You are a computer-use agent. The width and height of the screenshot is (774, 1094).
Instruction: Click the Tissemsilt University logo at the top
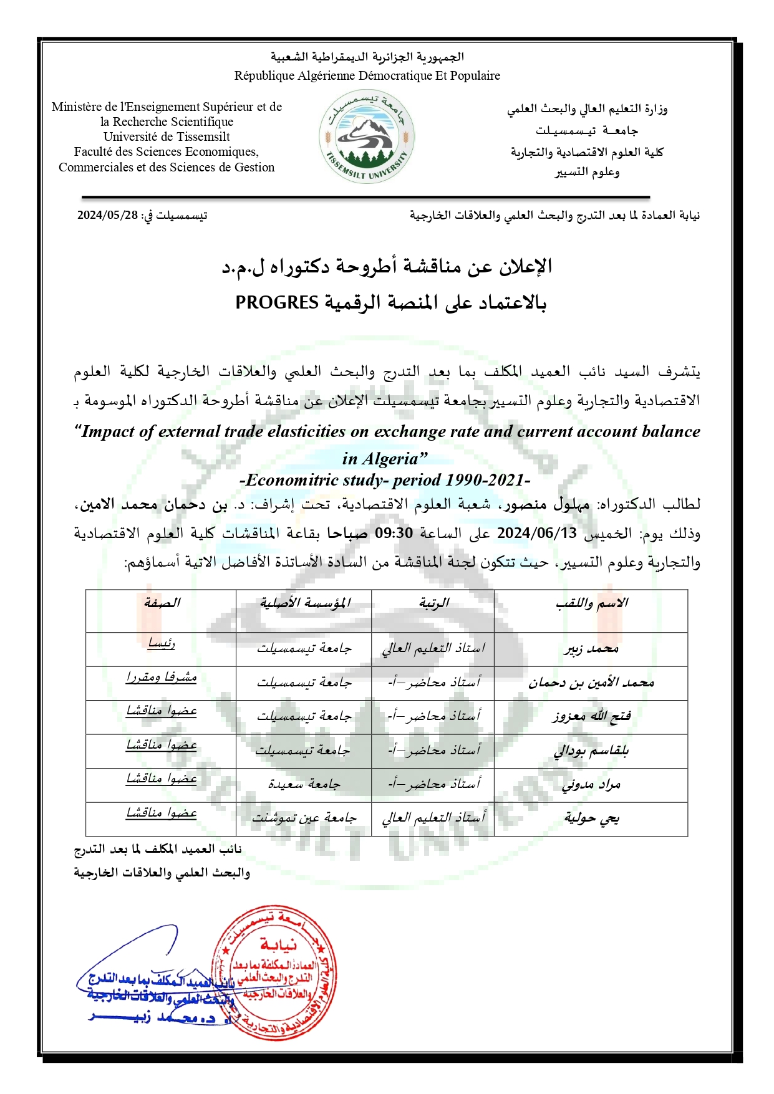click(367, 136)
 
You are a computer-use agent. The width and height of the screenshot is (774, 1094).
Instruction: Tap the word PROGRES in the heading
click(277, 303)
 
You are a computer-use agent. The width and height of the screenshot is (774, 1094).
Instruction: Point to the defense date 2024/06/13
click(536, 534)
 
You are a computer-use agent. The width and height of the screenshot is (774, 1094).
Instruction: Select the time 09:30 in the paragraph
click(394, 534)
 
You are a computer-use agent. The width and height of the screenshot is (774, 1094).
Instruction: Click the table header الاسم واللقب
click(591, 603)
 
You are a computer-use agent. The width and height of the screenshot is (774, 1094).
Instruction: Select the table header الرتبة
click(433, 603)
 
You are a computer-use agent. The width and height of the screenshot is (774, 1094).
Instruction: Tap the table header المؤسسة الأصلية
click(304, 603)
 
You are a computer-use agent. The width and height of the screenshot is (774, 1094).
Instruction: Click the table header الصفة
click(162, 603)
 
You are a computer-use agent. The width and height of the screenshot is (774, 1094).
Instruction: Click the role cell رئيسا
click(162, 643)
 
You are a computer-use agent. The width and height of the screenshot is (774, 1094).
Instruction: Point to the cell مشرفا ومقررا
click(162, 678)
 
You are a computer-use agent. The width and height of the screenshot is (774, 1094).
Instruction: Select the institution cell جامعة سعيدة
click(304, 785)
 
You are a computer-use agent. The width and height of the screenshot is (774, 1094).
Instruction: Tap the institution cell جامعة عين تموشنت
click(304, 818)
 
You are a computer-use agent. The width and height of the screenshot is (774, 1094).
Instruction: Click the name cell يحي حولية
click(591, 818)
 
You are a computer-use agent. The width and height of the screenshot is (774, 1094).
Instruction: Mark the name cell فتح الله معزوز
click(591, 717)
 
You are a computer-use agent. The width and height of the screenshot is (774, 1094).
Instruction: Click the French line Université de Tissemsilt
click(167, 137)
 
